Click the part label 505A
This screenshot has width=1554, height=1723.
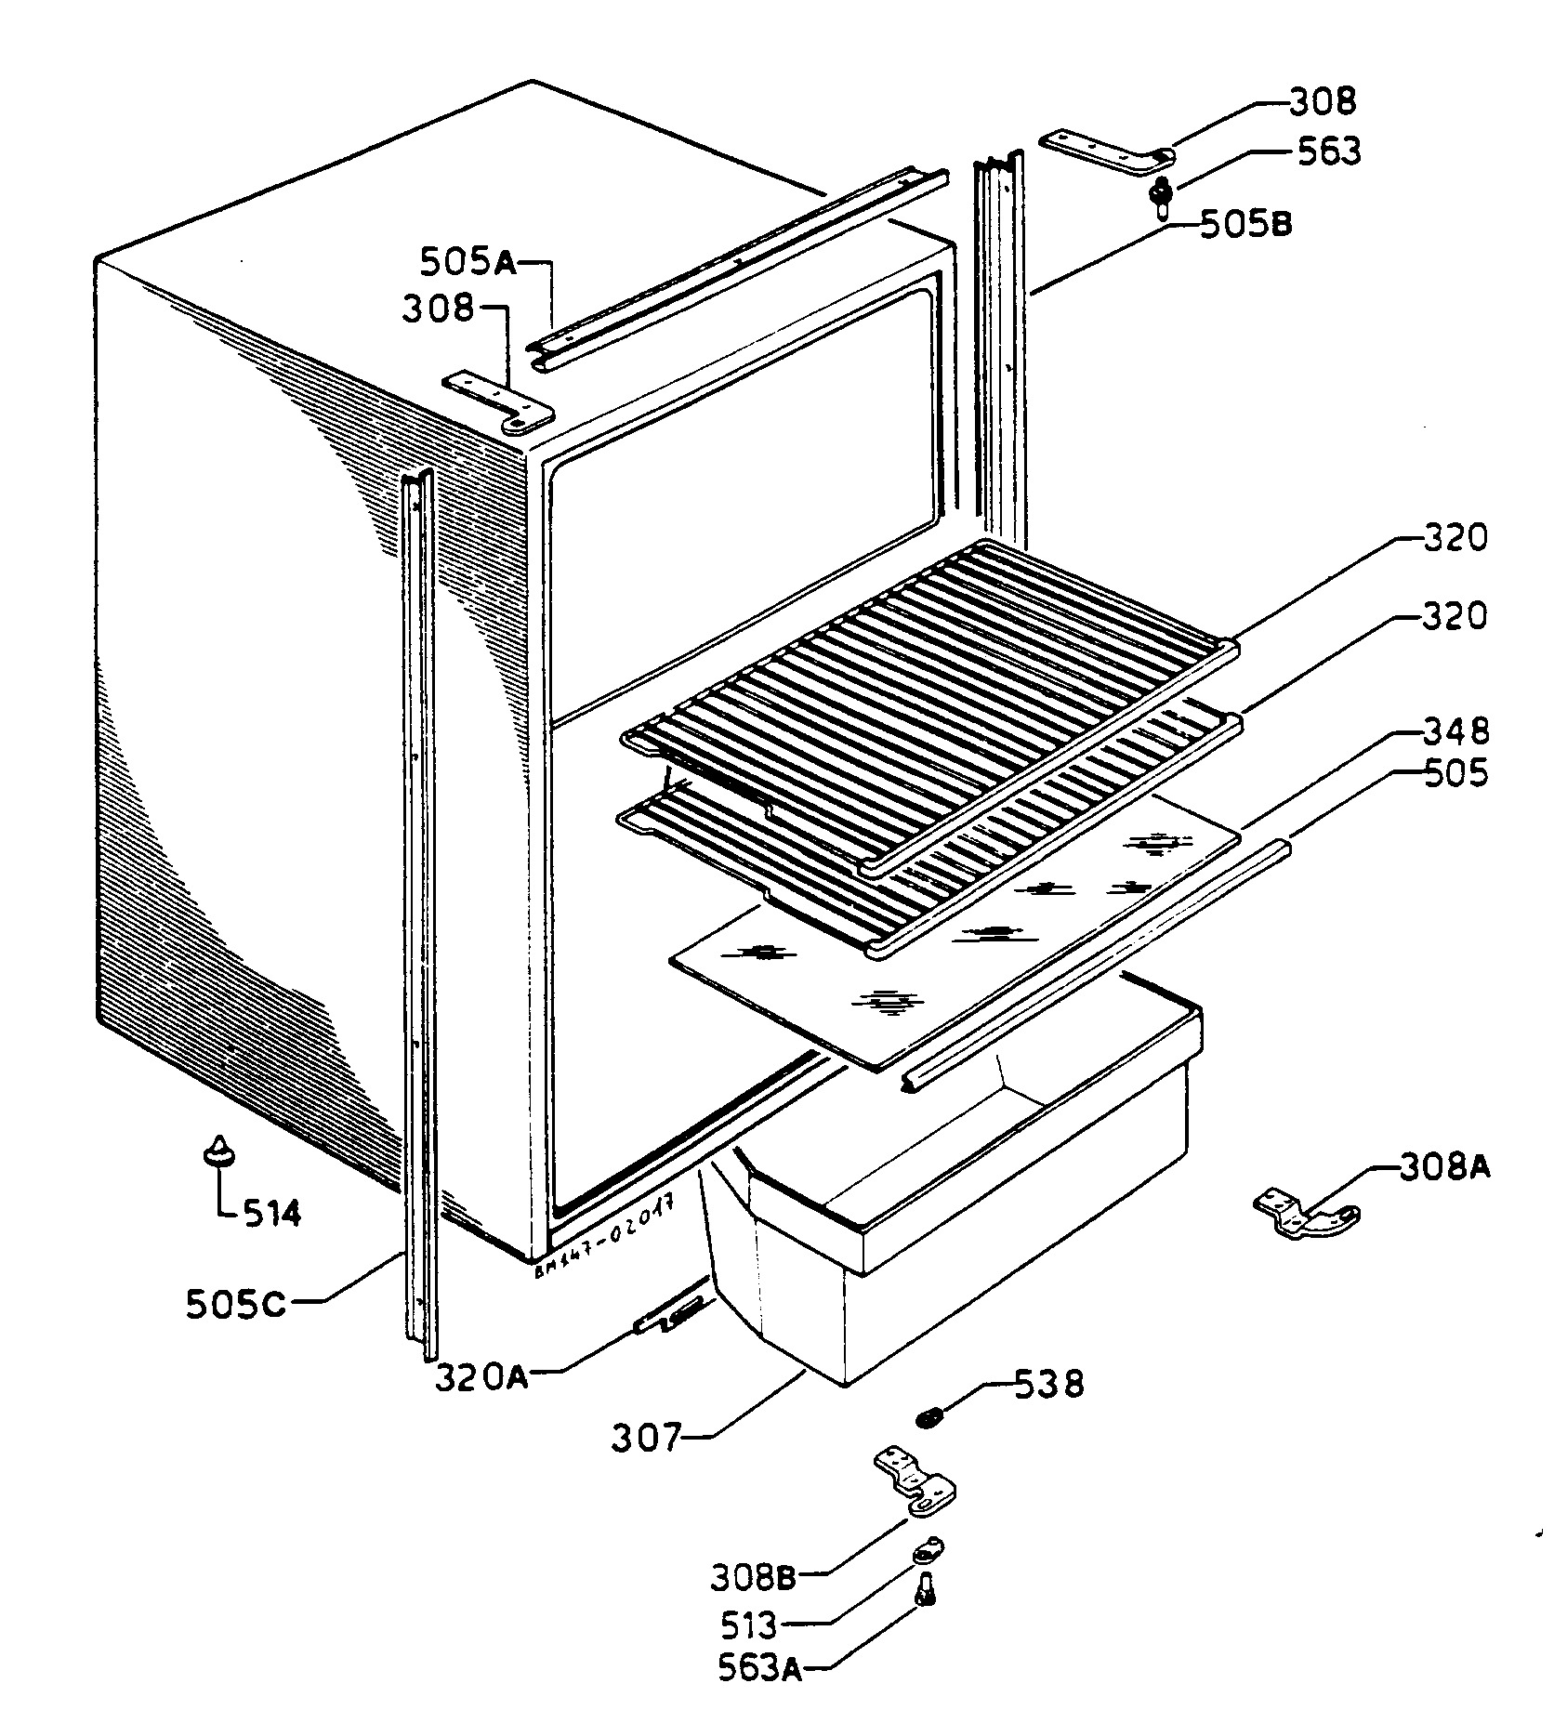pyautogui.click(x=468, y=262)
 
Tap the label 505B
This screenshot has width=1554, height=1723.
pyautogui.click(x=1245, y=225)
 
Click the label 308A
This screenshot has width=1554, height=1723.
pyautogui.click(x=1444, y=1167)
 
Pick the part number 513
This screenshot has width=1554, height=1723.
pyautogui.click(x=748, y=1625)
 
